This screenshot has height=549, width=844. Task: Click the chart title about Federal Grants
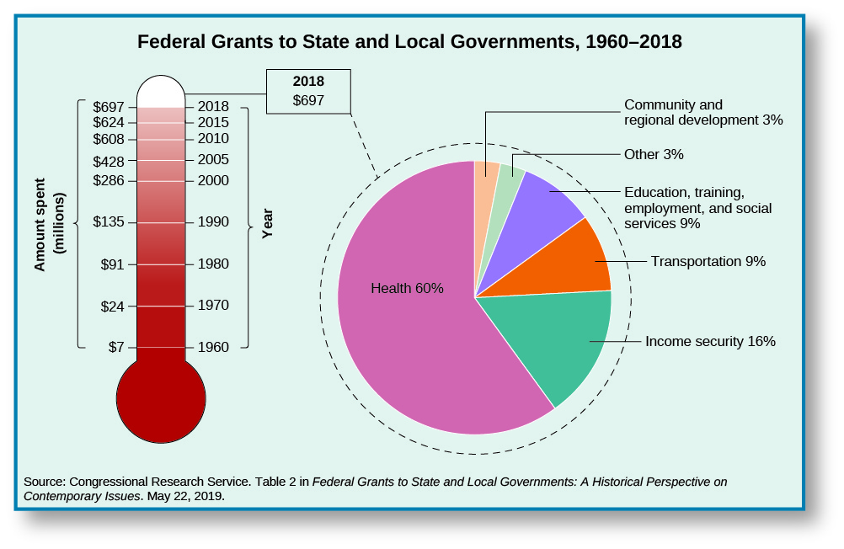pyautogui.click(x=409, y=41)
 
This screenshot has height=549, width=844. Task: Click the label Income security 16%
pyautogui.click(x=710, y=342)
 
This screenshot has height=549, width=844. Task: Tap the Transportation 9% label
pyautogui.click(x=708, y=262)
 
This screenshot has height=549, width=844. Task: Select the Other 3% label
pyautogui.click(x=653, y=155)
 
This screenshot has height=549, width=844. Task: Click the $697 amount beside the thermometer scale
pyautogui.click(x=109, y=107)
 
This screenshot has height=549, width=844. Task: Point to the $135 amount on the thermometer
pyautogui.click(x=109, y=222)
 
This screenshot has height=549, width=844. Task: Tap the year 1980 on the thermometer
pyautogui.click(x=212, y=264)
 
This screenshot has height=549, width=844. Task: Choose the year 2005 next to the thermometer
pyautogui.click(x=212, y=160)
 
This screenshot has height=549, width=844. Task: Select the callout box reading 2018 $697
pyautogui.click(x=308, y=91)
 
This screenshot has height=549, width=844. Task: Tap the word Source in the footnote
pyautogui.click(x=44, y=482)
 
